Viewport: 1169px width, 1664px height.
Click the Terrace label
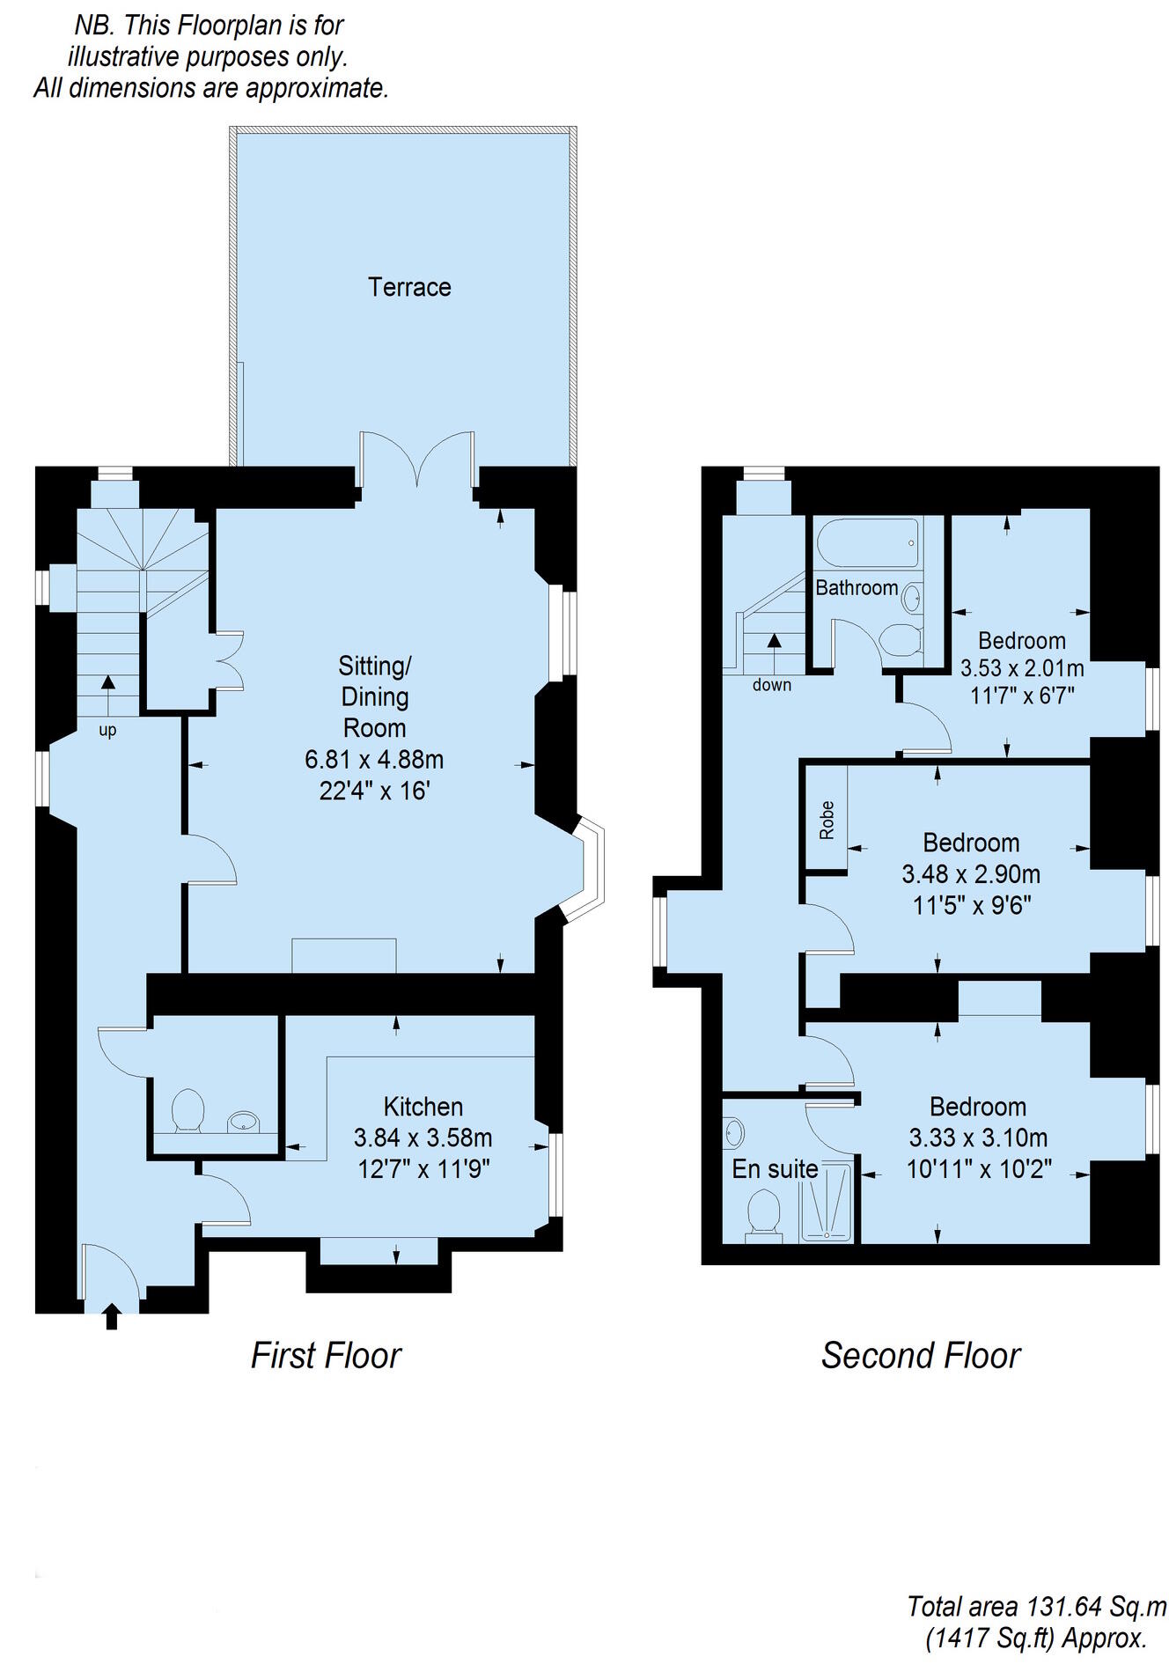pos(409,287)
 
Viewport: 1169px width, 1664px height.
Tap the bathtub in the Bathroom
pos(868,542)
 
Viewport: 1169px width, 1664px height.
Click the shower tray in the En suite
pos(826,1203)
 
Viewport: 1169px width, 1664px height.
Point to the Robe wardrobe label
pos(827,820)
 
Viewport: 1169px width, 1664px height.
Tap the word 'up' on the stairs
pos(107,730)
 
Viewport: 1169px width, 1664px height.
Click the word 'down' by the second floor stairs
pos(771,685)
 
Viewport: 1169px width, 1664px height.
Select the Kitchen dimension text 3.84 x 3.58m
pos(423,1138)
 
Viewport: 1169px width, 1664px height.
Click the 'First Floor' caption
pos(326,1355)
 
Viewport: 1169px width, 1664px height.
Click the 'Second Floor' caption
pos(920,1355)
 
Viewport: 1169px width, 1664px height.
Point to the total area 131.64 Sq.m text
pos(1036,1607)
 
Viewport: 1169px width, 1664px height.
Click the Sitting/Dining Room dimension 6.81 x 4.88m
pos(374,759)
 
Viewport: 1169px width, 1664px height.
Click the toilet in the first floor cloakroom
pos(187,1110)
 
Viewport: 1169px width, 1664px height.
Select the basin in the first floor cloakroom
pos(244,1121)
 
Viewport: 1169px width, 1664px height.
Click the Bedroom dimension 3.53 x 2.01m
pos(1021,668)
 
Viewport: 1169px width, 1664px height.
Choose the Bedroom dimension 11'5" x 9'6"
pos(971,905)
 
